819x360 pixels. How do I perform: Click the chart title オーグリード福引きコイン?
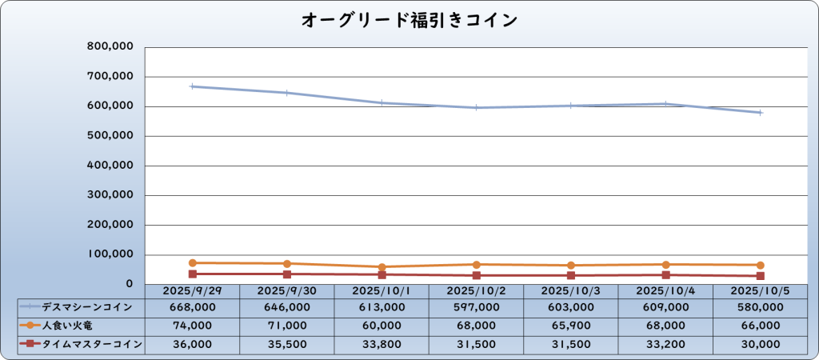point(409,20)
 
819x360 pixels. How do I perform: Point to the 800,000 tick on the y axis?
point(110,47)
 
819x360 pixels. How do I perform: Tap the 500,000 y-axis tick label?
point(110,136)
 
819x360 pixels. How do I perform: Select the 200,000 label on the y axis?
point(110,225)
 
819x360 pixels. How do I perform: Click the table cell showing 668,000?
point(193,307)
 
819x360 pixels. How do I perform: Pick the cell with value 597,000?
point(477,307)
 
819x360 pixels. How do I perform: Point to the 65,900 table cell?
point(571,326)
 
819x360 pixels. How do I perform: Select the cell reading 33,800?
point(382,344)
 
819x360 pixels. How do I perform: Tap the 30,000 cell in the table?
point(760,344)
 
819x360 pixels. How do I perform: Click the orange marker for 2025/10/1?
point(382,267)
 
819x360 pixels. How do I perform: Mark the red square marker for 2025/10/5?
point(760,276)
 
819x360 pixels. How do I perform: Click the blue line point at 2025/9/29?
point(193,86)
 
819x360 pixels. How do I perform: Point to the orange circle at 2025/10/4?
point(665,265)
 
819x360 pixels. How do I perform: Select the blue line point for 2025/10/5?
point(760,113)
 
